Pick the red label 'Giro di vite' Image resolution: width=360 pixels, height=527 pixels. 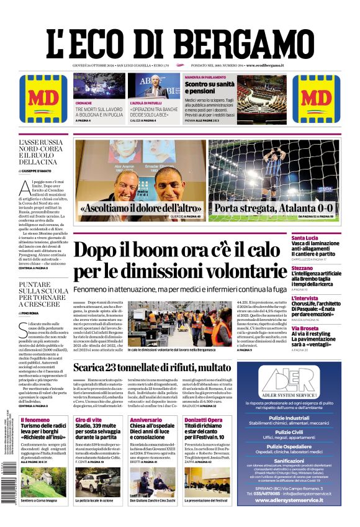[x=88, y=420]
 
